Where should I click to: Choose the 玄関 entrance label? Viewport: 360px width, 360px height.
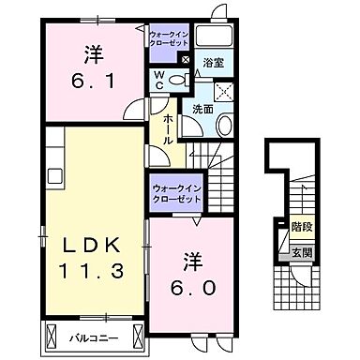301,251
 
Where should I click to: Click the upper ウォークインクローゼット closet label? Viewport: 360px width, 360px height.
170,37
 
